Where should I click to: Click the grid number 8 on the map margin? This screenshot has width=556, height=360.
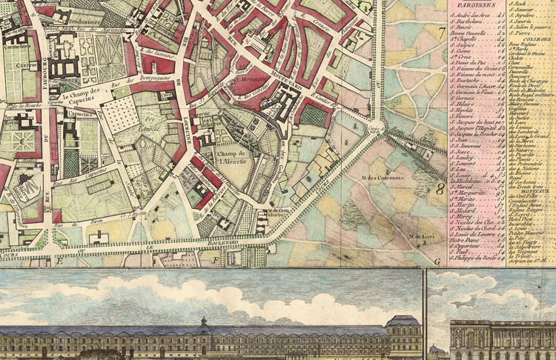(x=440, y=190)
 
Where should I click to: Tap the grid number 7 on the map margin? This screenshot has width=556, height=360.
(x=440, y=33)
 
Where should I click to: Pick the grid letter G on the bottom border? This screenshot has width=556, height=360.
(x=437, y=261)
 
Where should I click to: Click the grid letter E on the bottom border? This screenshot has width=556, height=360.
(x=56, y=261)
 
